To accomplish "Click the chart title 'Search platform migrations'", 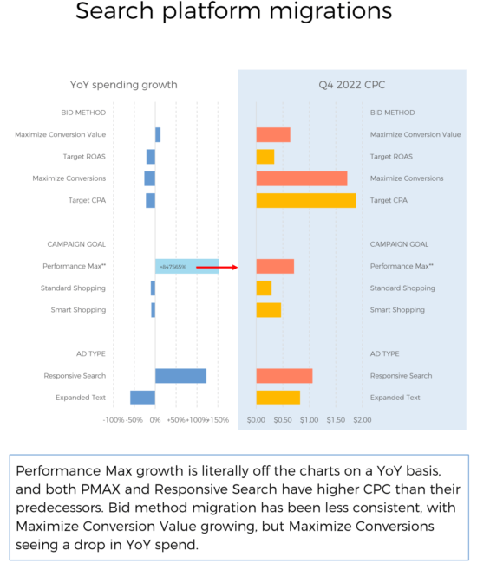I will [x=233, y=12].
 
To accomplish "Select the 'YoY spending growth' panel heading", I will [x=123, y=85].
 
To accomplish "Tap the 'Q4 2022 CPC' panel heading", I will [x=354, y=85].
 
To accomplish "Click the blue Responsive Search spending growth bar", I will [x=180, y=375].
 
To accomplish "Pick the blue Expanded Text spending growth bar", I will [x=142, y=398].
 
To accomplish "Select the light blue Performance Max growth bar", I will [x=186, y=267].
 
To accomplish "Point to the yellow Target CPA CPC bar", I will [x=305, y=200].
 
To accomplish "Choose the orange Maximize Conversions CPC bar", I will [x=301, y=178].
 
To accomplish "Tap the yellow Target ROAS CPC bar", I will [x=265, y=157].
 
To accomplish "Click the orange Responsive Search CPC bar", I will [x=284, y=375].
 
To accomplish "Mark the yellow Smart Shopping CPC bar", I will [x=268, y=310].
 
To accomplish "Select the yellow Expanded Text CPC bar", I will [x=278, y=398].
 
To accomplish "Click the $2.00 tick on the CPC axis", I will [x=362, y=420].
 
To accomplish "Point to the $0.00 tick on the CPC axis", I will [x=256, y=420].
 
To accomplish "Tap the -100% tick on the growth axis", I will [x=114, y=420].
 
